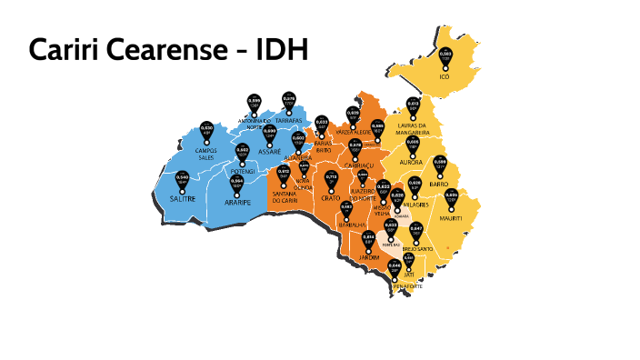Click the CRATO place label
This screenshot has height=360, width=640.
331,197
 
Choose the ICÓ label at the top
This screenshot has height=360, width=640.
445,77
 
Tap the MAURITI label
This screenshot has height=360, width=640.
451,218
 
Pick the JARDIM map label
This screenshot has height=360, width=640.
368,257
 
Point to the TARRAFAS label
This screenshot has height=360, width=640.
289,120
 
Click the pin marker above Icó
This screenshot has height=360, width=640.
445,57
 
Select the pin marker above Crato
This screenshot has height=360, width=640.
332,180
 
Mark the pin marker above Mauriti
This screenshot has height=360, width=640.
452,198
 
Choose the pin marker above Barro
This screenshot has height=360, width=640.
440,165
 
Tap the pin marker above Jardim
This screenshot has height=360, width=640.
368,239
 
